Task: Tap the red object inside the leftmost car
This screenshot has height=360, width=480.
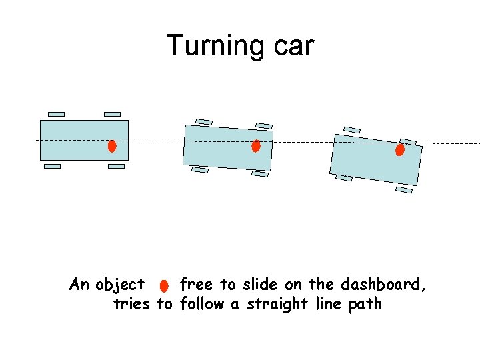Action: [112, 145]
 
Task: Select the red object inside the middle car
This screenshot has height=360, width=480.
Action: [255, 146]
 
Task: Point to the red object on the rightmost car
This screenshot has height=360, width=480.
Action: [399, 150]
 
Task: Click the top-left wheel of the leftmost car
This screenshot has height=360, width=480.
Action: [57, 114]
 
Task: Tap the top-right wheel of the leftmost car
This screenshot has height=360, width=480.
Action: [113, 114]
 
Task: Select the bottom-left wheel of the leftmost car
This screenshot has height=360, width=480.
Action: [52, 167]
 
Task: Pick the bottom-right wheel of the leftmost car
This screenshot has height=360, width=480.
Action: [116, 167]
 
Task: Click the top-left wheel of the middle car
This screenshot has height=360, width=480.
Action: [204, 122]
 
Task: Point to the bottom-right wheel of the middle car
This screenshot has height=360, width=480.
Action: [260, 174]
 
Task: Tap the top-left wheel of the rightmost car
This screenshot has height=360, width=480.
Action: [352, 129]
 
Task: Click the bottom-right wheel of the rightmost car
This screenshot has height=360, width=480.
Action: [404, 190]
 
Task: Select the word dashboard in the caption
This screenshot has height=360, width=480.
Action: [383, 285]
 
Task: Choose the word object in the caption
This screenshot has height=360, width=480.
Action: [120, 285]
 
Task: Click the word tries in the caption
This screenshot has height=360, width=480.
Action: [133, 305]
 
